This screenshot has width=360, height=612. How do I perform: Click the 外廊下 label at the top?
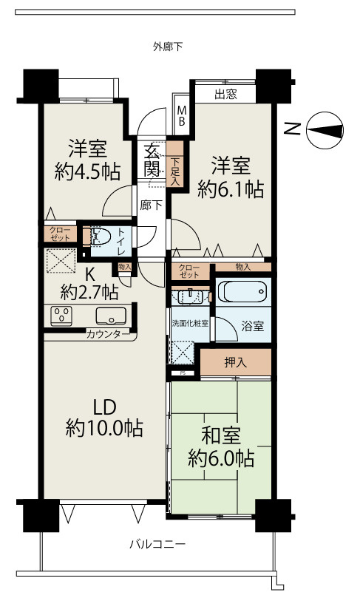168,47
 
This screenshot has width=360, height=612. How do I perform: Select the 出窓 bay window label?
225,94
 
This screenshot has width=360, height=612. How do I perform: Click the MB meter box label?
181,116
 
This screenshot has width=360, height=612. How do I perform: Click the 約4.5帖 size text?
87,171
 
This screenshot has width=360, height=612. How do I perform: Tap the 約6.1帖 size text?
231,188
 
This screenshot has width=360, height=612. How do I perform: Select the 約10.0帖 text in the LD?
103,427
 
